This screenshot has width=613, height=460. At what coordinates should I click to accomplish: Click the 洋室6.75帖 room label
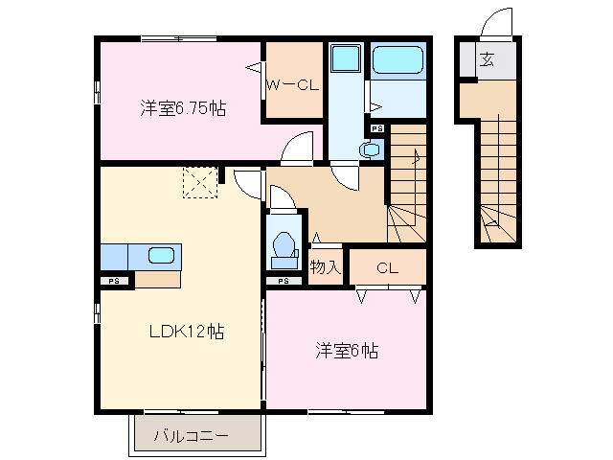point(183,108)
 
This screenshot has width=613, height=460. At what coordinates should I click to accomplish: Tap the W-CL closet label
point(292,84)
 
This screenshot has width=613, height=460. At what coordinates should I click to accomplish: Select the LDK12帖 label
point(186,333)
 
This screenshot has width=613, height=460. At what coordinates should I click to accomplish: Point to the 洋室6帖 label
point(347,351)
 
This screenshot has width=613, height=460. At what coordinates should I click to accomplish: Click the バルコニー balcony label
point(193,437)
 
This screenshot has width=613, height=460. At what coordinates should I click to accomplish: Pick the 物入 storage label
point(325,267)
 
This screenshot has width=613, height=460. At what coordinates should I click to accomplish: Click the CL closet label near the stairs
point(387,267)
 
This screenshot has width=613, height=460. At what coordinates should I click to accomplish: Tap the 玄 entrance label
point(487,60)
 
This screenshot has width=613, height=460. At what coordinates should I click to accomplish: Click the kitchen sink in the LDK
point(161,255)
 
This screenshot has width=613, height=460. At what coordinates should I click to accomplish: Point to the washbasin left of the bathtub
point(343,60)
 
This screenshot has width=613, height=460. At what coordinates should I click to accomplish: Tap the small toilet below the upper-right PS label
point(369,149)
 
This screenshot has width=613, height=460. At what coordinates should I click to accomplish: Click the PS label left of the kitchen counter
point(114,281)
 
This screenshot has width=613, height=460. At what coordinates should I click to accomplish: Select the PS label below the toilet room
point(284,282)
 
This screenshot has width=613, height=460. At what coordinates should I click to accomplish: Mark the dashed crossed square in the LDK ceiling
point(201,181)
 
